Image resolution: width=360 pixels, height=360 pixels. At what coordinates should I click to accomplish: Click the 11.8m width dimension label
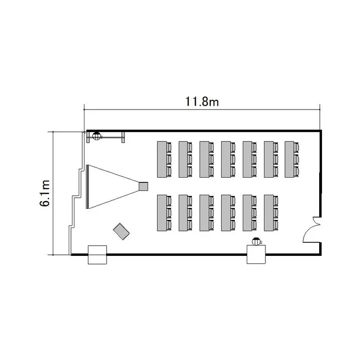202,102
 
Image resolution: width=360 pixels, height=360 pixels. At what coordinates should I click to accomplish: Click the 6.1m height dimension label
45,193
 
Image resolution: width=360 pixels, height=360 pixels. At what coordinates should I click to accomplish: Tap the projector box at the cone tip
143,186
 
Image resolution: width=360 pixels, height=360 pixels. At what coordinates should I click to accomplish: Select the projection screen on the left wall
87,187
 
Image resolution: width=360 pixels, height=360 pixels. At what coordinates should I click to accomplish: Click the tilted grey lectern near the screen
121,231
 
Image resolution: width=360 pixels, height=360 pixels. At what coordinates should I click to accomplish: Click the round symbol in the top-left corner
96,136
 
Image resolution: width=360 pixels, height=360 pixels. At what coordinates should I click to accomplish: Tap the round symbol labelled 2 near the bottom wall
256,242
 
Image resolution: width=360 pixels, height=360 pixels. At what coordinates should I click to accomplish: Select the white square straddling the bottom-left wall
97,254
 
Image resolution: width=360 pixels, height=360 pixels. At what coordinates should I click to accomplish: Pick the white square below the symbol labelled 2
256,254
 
